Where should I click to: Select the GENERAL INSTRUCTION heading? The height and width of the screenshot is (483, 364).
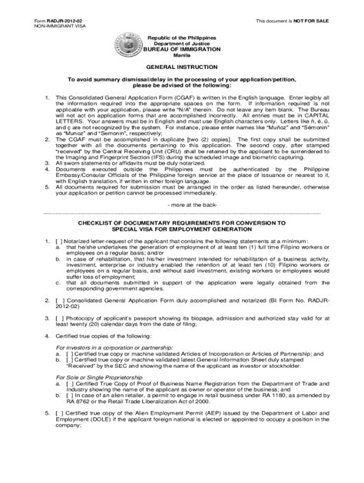(x=181, y=67)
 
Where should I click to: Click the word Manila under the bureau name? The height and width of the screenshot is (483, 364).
(x=182, y=56)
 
